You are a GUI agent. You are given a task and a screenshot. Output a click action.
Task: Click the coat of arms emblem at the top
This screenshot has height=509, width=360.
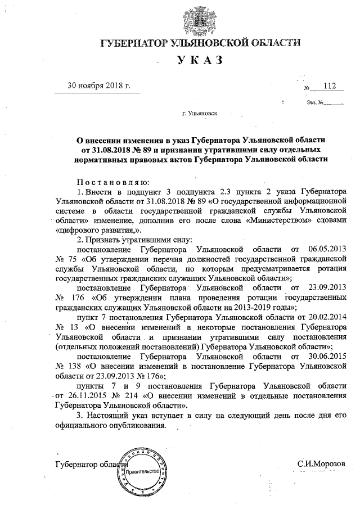point(195,21)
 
